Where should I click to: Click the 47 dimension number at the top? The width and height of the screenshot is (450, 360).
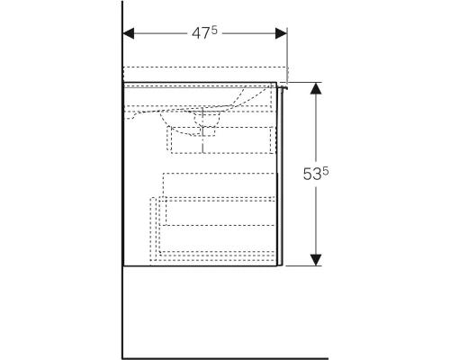201,33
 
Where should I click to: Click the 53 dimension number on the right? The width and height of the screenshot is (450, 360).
312,175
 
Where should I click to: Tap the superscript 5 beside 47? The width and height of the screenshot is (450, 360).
213,30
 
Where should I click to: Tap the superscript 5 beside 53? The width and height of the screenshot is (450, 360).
326,171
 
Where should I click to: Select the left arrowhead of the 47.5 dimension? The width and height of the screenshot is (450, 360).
129,33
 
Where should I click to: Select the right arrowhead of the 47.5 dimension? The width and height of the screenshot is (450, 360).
281,33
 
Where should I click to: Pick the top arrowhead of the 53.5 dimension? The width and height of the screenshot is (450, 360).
316,88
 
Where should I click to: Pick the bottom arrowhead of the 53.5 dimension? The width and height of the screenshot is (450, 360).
316,260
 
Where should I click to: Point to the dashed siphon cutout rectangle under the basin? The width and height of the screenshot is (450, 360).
221,140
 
